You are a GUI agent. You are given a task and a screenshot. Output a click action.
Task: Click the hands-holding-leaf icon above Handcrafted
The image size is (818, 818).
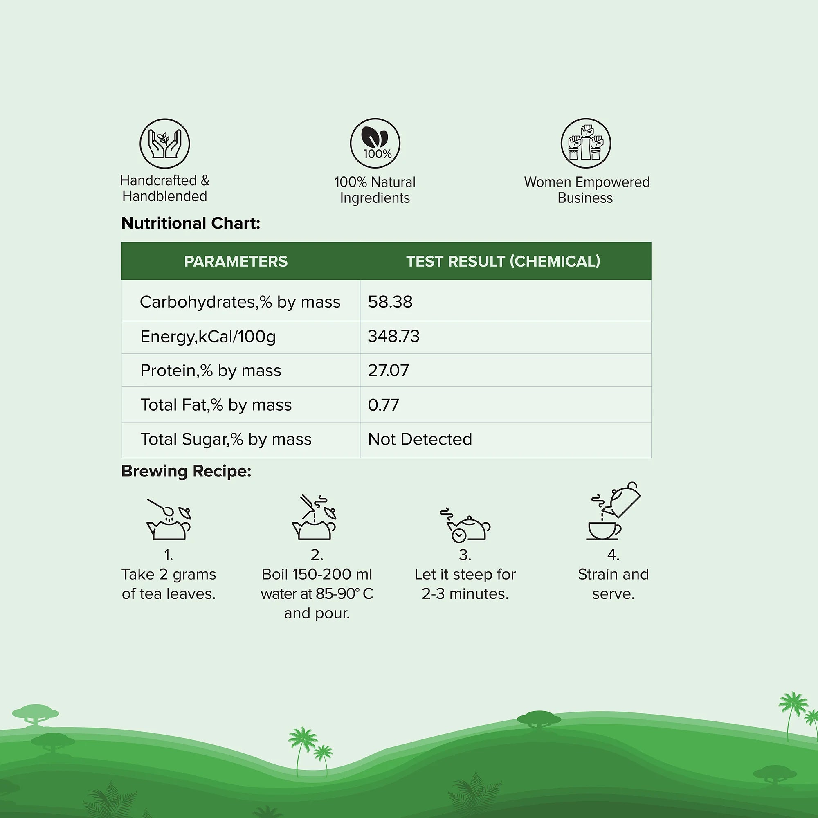coord(165,144)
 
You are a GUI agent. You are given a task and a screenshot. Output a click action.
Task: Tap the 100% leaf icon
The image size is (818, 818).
coord(375,143)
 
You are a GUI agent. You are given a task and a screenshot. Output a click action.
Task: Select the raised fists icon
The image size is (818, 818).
coord(586,143)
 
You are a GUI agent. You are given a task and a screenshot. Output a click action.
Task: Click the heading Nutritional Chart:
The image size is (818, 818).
coord(191,223)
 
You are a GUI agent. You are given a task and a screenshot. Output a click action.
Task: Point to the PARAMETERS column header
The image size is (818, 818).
coord(236,261)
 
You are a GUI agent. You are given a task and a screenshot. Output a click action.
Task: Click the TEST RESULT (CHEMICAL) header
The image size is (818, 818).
coord(503,261)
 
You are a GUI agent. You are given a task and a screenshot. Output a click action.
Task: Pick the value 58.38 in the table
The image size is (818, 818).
coord(390,302)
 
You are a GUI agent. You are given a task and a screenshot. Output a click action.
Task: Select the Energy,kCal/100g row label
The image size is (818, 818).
coord(208,337)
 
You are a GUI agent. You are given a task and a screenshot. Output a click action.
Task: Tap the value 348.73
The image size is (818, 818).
coord(394,336)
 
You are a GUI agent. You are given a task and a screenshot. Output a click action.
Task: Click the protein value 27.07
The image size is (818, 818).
coord(388,371)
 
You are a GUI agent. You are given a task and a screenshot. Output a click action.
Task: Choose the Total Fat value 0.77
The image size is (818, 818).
coord(383,405)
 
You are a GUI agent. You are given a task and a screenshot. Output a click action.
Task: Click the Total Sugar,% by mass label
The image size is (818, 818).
coord(226,440)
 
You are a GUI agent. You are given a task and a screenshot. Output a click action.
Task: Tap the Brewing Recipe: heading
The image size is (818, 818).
coord(186,471)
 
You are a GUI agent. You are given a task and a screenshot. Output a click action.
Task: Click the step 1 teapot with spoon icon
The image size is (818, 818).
coord(169,519)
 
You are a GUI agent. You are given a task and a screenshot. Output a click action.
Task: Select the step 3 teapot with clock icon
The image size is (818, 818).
coord(465,525)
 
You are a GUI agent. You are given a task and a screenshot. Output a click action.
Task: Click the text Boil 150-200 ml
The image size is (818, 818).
coord(317,574)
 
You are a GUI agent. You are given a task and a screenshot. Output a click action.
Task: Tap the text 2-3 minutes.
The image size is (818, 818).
coord(465,593)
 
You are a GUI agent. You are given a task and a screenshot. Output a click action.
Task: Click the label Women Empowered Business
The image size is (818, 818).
coord(587,190)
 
